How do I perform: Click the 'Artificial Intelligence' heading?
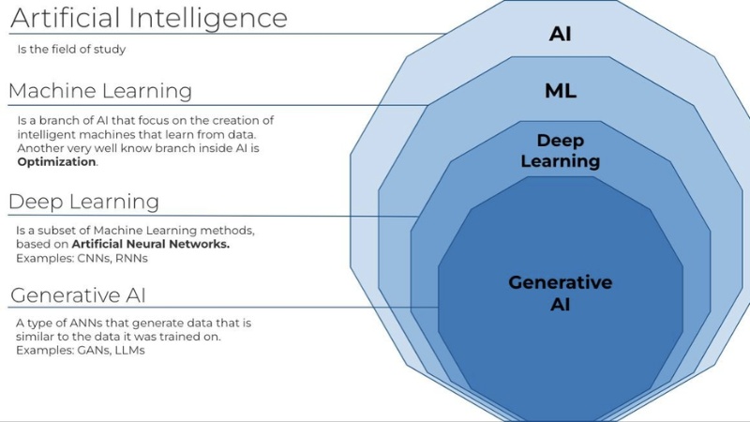point(148,17)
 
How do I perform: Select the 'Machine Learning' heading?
point(100,91)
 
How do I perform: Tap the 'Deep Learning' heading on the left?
point(83,202)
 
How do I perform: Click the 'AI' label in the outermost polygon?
point(560,35)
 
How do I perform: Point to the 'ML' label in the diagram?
point(560,91)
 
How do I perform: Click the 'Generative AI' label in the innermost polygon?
point(560,293)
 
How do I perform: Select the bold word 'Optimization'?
point(56,162)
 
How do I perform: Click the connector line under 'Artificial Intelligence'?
point(225,35)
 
